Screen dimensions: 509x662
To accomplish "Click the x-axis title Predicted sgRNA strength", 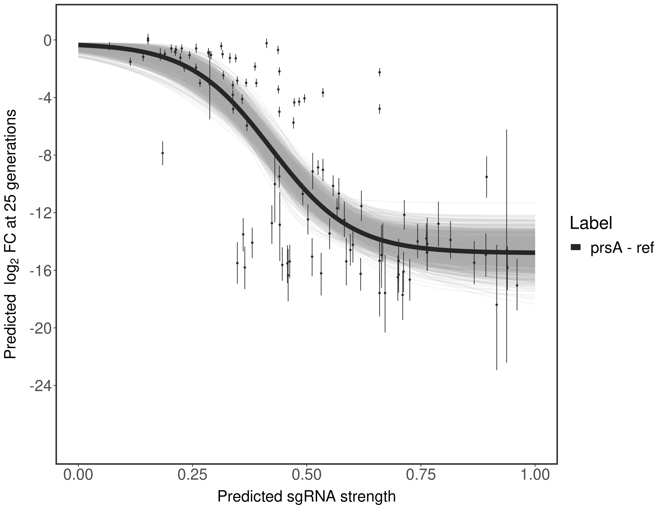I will tap(306, 497).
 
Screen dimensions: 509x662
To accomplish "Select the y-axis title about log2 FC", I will tap(12, 234).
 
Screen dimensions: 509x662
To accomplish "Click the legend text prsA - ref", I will tap(621, 248).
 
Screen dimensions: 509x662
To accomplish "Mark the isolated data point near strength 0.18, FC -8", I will tap(162, 153).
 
